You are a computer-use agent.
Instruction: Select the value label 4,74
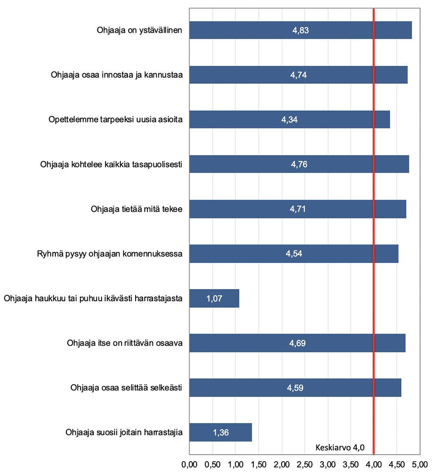click(x=299, y=75)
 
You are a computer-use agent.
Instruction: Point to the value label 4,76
click(x=299, y=165)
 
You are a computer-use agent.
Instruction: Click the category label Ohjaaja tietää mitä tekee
click(x=136, y=209)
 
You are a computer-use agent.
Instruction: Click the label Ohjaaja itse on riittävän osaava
click(x=125, y=343)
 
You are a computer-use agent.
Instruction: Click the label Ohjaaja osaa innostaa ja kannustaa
click(x=117, y=75)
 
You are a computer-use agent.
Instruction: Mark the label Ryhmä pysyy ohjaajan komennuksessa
click(x=110, y=254)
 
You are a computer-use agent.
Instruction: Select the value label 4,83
click(x=300, y=31)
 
